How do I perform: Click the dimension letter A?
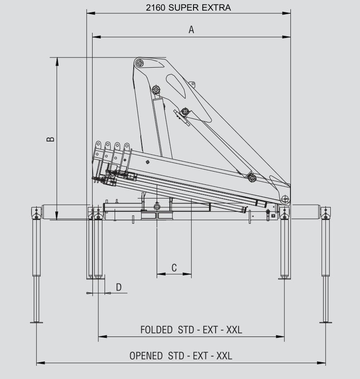click(191, 30)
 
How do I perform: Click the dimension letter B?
click(50, 139)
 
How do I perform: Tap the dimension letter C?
click(174, 268)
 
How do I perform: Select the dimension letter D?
click(119, 287)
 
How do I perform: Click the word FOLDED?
click(156, 330)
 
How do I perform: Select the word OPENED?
click(146, 356)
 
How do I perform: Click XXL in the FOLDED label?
click(234, 330)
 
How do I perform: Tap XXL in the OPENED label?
click(224, 356)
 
